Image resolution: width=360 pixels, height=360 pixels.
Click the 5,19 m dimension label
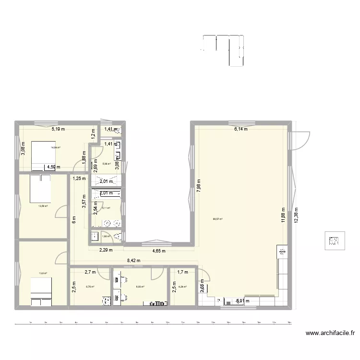(x=59, y=129)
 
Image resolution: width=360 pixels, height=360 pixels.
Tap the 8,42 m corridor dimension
(x=134, y=261)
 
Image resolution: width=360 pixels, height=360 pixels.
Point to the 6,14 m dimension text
(x=241, y=129)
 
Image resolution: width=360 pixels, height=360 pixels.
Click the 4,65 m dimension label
(x=159, y=251)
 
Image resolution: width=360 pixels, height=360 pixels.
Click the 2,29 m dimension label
(x=106, y=250)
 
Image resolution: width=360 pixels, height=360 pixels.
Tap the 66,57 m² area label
(x=217, y=219)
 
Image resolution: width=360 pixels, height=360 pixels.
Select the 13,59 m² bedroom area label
(x=43, y=206)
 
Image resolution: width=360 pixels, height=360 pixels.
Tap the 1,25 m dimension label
(x=79, y=179)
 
